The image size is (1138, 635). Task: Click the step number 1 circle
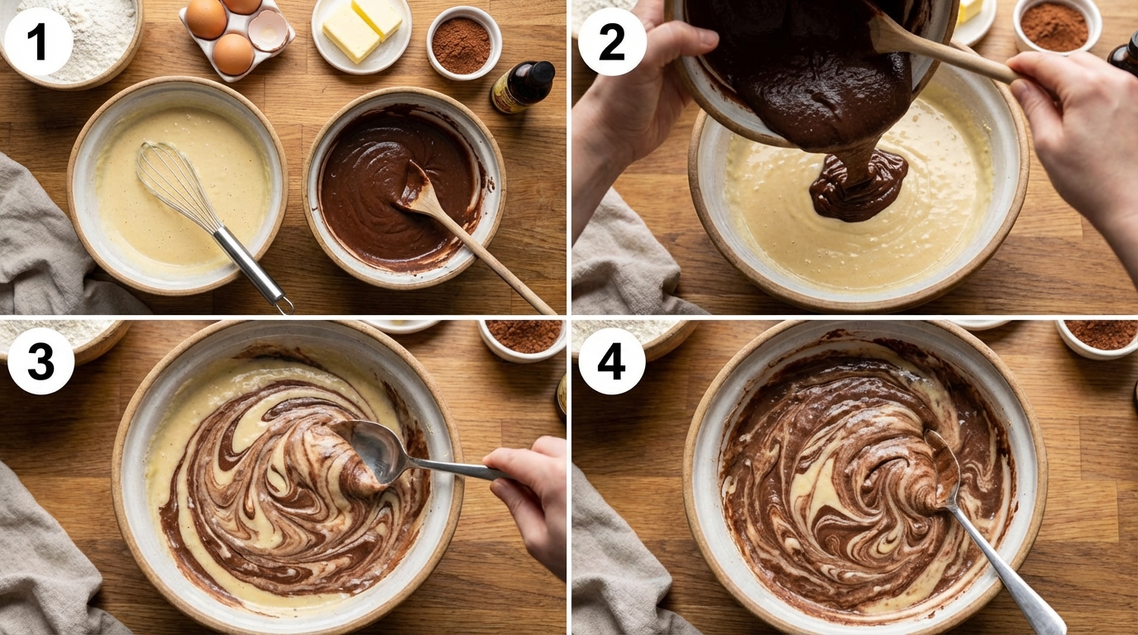38,42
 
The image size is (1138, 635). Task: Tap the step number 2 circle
612,42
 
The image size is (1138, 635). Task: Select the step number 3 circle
41,361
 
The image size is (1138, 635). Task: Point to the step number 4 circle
612,361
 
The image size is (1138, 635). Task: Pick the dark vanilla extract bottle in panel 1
523,86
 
